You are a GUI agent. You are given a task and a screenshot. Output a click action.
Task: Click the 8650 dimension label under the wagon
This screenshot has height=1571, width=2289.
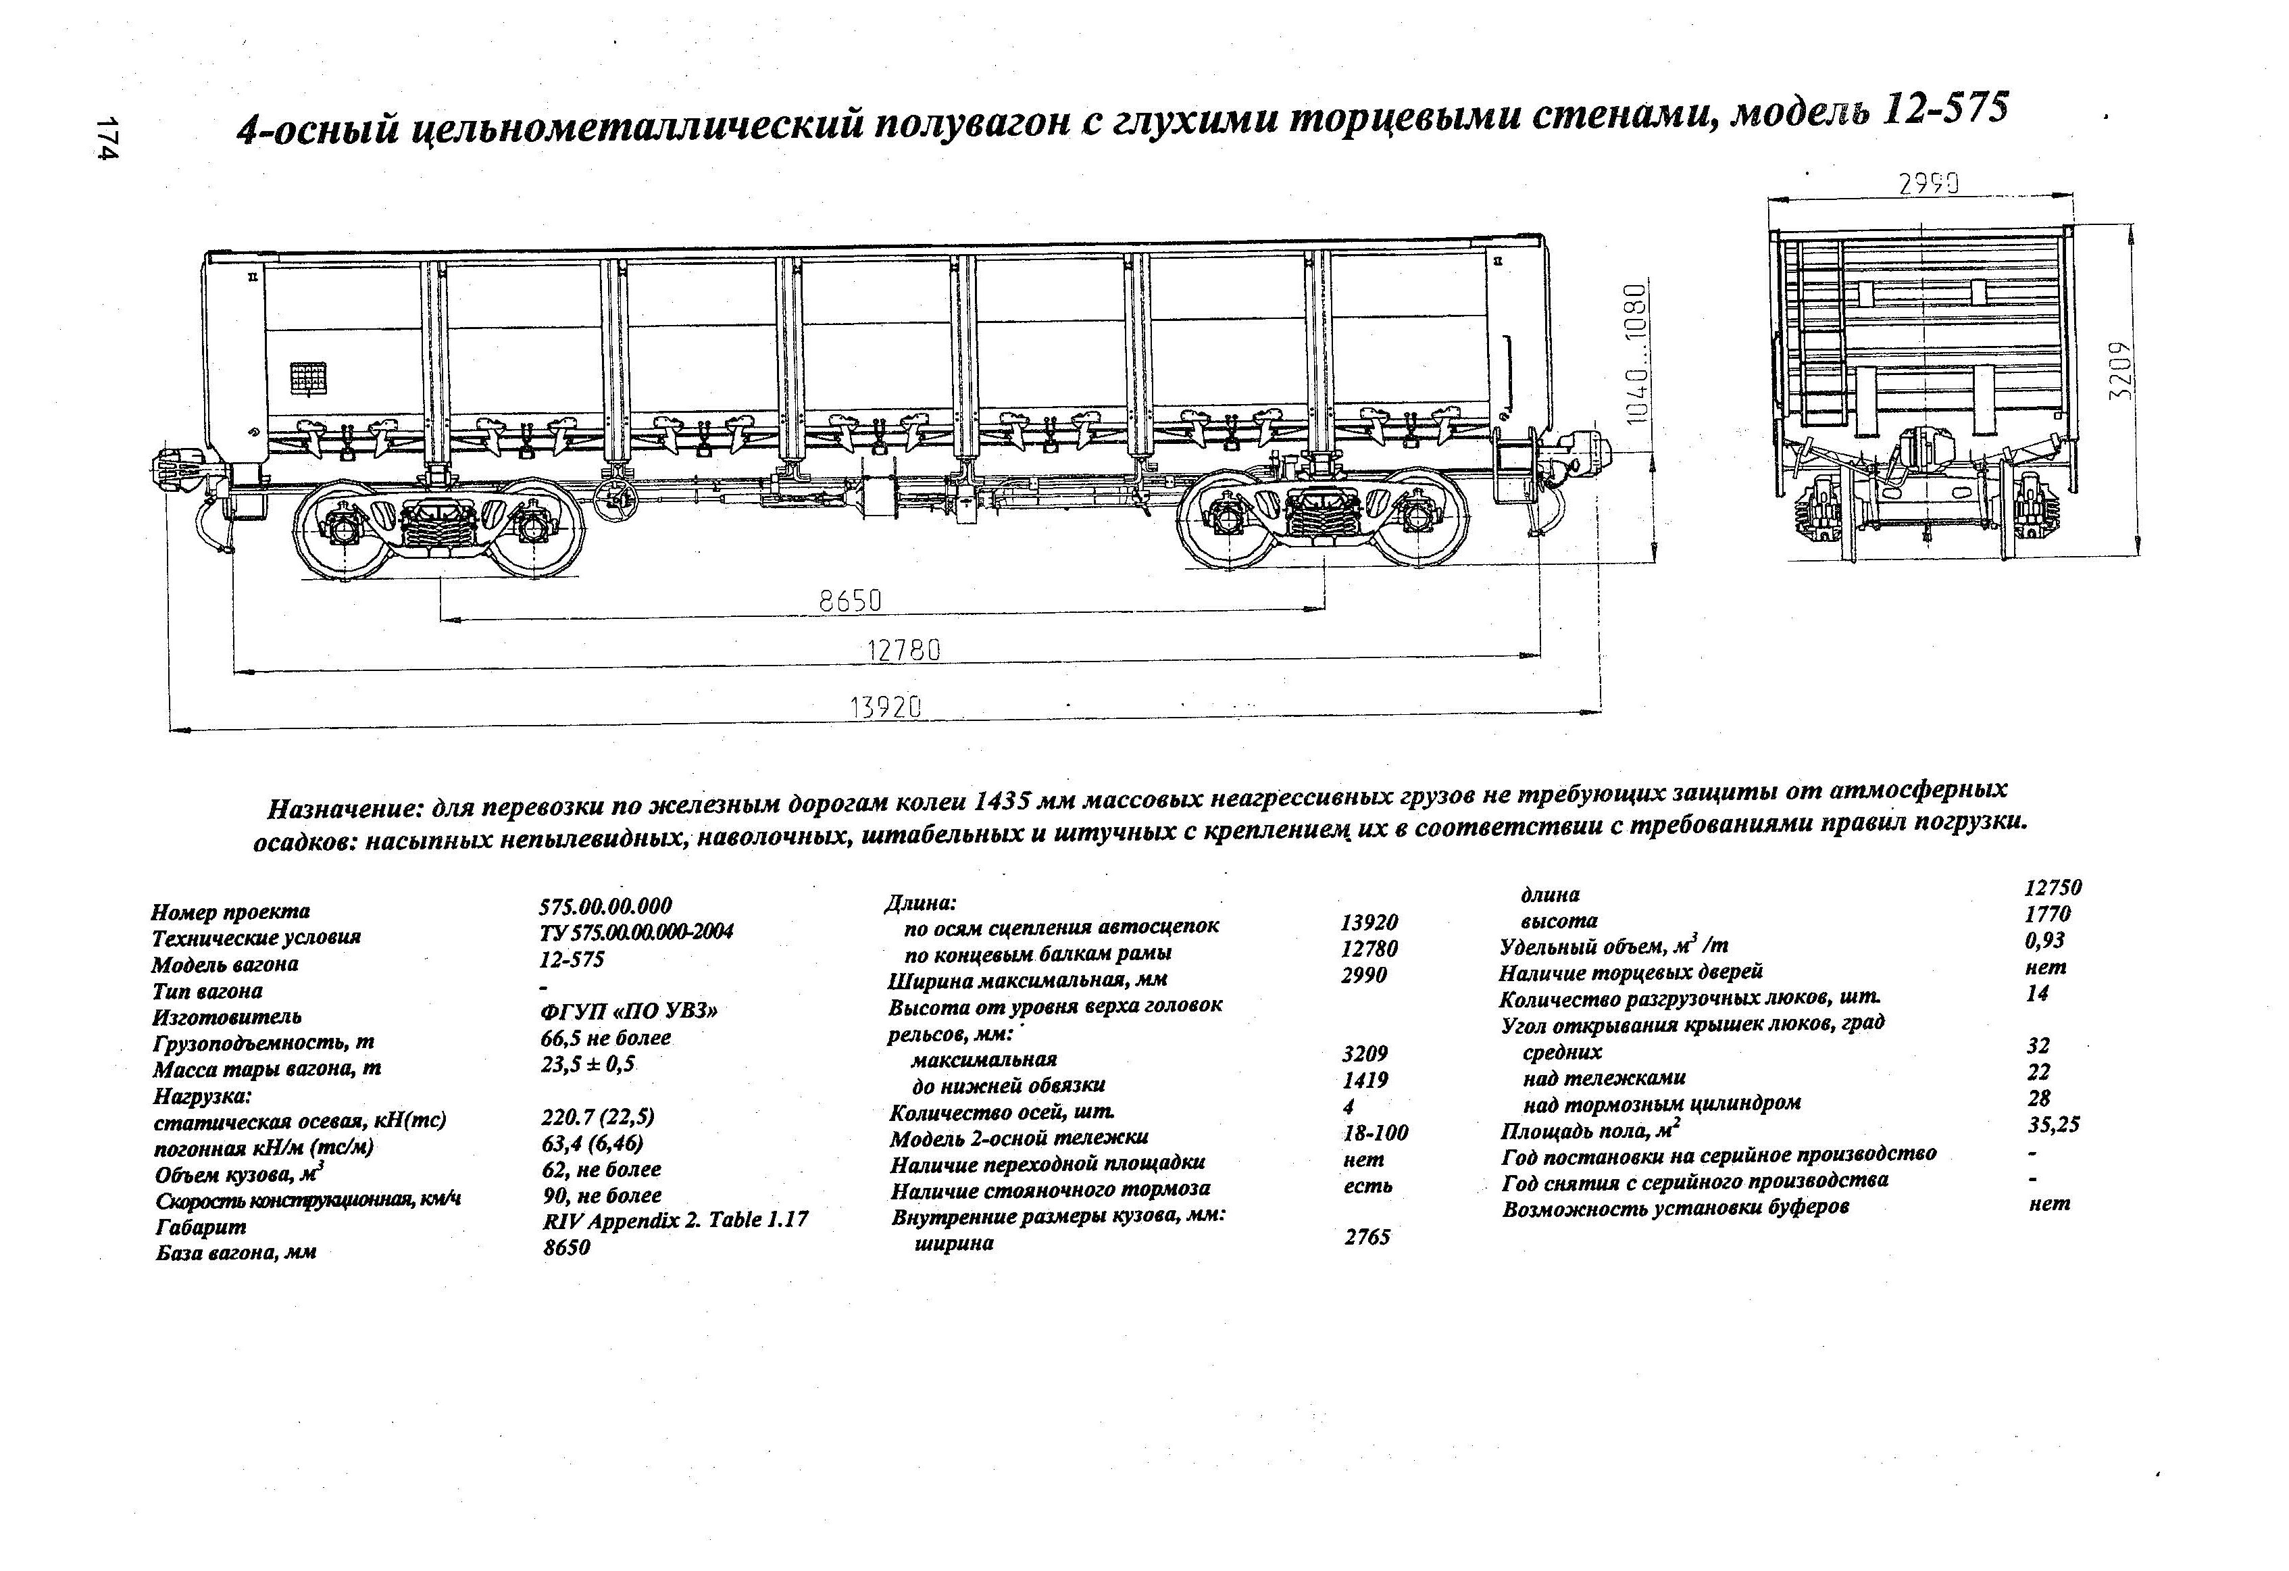coord(849,601)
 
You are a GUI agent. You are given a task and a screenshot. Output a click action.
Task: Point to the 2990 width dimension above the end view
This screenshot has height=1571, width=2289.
coord(1928,184)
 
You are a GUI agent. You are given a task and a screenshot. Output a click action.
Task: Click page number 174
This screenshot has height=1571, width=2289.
coord(108,140)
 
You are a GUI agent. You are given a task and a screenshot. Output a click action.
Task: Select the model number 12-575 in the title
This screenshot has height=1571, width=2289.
coord(1944,110)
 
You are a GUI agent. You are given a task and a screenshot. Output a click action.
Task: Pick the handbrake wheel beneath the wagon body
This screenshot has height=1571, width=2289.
coord(619,501)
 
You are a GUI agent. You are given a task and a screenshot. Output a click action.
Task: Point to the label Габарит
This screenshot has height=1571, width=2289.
coord(201,1227)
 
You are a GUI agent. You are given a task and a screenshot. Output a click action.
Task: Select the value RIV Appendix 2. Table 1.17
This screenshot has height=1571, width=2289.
coord(675,1220)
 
